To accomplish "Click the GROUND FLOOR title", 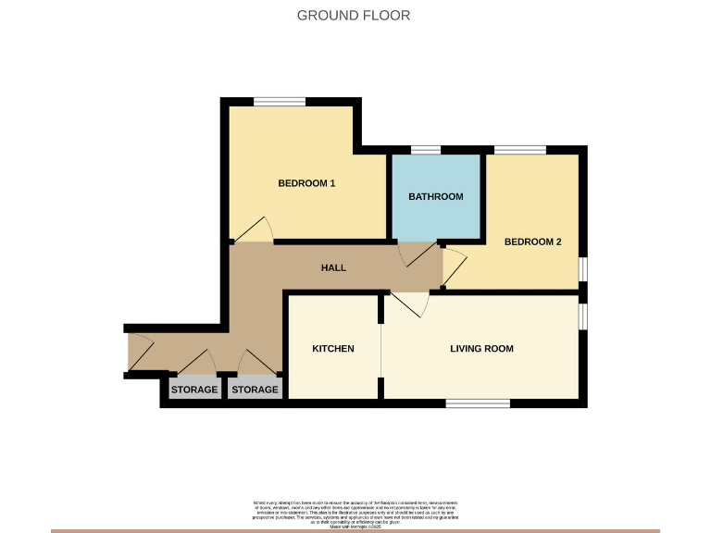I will (x=354, y=15).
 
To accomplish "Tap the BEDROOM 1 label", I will (x=306, y=183).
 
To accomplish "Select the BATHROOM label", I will (x=436, y=196).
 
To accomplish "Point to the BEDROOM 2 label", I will (x=532, y=242).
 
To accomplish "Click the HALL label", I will (x=333, y=267).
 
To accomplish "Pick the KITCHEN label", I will (x=332, y=349).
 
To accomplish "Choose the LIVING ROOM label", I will (x=481, y=349).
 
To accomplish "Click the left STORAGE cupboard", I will (x=194, y=390).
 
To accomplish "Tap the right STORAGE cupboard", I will (x=255, y=390).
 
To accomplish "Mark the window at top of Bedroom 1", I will (x=280, y=102).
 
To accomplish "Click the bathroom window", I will (x=426, y=150).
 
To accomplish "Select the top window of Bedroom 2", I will (x=519, y=150).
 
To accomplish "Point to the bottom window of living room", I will (x=478, y=403).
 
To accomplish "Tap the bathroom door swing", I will (x=417, y=255).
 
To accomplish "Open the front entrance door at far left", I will (x=139, y=353).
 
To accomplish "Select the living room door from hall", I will (x=410, y=304).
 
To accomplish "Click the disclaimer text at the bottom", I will (x=355, y=511).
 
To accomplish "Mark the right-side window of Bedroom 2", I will (x=583, y=266).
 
